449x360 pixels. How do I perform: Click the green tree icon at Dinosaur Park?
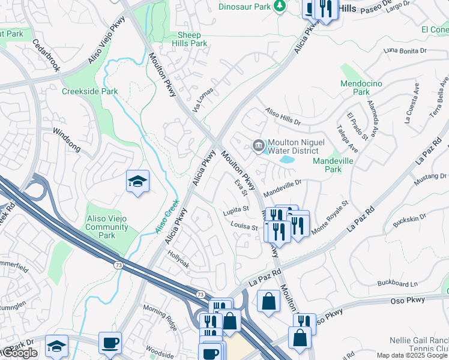[279, 6]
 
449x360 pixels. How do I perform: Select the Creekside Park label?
[89, 91]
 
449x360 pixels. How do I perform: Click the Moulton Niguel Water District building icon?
[258, 145]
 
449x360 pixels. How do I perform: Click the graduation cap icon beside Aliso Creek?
[137, 181]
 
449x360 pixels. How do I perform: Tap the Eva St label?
[241, 187]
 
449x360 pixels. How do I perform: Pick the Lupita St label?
[236, 209]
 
